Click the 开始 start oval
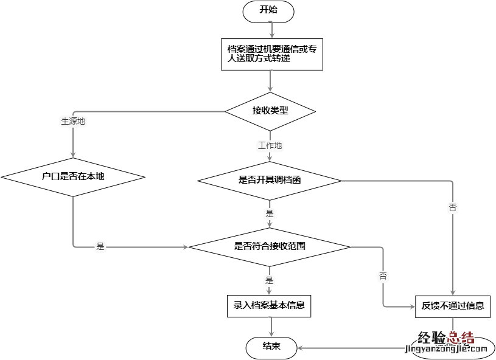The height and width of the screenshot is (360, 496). pyautogui.click(x=268, y=10)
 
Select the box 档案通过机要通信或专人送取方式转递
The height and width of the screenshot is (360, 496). pyautogui.click(x=271, y=54)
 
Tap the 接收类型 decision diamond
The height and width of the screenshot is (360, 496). pyautogui.click(x=270, y=111)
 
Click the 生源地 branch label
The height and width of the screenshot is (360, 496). pyautogui.click(x=73, y=121)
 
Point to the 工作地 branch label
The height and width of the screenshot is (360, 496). pyautogui.click(x=270, y=146)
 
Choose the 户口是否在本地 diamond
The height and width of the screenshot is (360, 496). pyautogui.click(x=73, y=177)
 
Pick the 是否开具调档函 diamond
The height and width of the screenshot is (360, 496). pyautogui.click(x=270, y=181)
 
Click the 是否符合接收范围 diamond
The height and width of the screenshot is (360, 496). pyautogui.click(x=270, y=246)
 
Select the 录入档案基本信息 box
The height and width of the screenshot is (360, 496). pyautogui.click(x=269, y=305)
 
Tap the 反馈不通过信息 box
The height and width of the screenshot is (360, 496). pyautogui.click(x=453, y=306)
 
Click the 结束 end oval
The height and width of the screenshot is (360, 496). pyautogui.click(x=271, y=347)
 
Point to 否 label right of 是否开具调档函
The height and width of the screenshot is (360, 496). pyautogui.click(x=453, y=207)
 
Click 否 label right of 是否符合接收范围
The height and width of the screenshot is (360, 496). pyautogui.click(x=383, y=275)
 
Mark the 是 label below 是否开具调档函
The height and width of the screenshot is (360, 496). pyautogui.click(x=270, y=213)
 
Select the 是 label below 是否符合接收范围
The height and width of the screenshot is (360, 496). pyautogui.click(x=270, y=280)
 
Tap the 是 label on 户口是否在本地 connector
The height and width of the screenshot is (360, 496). pyautogui.click(x=101, y=247)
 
